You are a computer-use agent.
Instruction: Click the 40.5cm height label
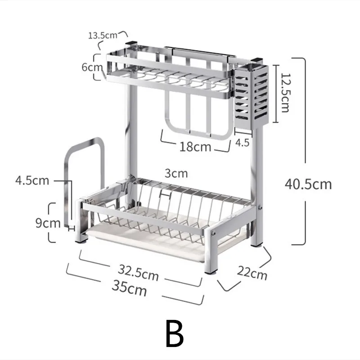(308, 184)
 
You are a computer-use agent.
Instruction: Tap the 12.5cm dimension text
(285, 93)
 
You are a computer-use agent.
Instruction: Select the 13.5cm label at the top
(103, 36)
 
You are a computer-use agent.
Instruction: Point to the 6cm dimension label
(92, 67)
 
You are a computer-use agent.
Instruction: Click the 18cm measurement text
(195, 147)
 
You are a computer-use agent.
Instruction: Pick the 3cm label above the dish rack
(176, 173)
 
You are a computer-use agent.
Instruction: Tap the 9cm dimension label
(48, 223)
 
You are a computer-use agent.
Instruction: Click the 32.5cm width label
(138, 273)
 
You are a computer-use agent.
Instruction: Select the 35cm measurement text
(129, 288)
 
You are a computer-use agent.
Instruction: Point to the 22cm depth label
(252, 273)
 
